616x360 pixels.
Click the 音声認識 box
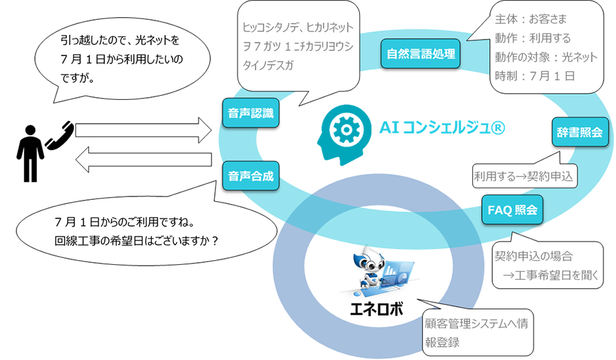(251, 113)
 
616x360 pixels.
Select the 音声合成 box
(251, 176)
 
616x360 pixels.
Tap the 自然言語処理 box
(420, 53)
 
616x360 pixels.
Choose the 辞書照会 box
(580, 131)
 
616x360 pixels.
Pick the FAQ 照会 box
(512, 210)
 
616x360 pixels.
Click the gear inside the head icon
(346, 129)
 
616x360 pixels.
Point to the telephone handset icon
(60, 136)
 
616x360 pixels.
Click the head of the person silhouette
(30, 131)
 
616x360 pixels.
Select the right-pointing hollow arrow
(144, 130)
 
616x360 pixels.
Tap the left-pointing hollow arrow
(144, 159)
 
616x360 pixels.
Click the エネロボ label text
(376, 309)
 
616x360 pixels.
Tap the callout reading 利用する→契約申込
(524, 176)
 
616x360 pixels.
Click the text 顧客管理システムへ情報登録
(476, 333)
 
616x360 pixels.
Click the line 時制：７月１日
(535, 75)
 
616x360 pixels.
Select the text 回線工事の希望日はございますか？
(136, 240)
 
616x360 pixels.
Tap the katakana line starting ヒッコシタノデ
(298, 27)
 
